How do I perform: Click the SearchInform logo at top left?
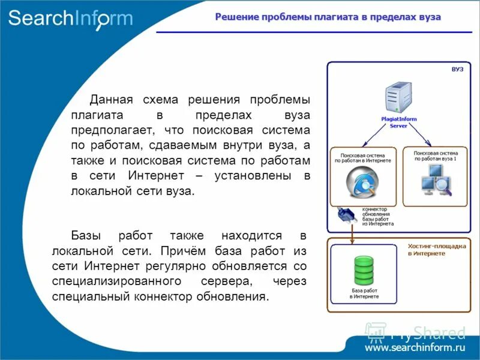pyautogui.click(x=70, y=19)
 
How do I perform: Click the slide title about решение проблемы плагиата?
pyautogui.click(x=328, y=17)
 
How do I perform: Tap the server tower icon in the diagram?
pyautogui.click(x=398, y=97)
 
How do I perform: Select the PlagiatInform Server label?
pyautogui.click(x=398, y=122)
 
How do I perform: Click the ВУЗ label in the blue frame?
pyautogui.click(x=457, y=70)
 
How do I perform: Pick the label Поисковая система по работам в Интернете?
pyautogui.click(x=362, y=157)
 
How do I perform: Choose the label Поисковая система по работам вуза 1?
pyautogui.click(x=436, y=156)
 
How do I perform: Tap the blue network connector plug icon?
pyautogui.click(x=348, y=215)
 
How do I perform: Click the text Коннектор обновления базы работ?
pyautogui.click(x=377, y=216)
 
